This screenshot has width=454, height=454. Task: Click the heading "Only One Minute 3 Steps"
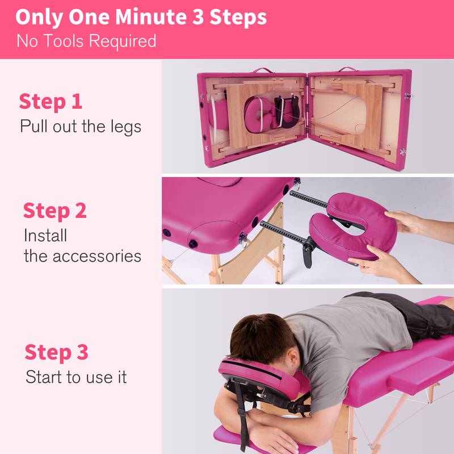pyautogui.click(x=141, y=17)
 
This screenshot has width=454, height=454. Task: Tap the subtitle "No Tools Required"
pyautogui.click(x=86, y=41)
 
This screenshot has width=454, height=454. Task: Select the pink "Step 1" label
pyautogui.click(x=51, y=102)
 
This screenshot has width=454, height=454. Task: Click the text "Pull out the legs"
pyautogui.click(x=81, y=125)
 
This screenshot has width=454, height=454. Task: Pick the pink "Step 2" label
pyautogui.click(x=54, y=211)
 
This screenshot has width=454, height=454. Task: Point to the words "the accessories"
pyautogui.click(x=82, y=255)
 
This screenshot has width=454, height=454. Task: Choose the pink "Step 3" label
pyautogui.click(x=56, y=352)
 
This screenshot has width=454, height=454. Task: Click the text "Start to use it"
pyautogui.click(x=76, y=377)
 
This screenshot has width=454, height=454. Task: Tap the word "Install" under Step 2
pyautogui.click(x=45, y=234)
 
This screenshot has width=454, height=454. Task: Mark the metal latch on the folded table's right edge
pyautogui.click(x=403, y=152)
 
